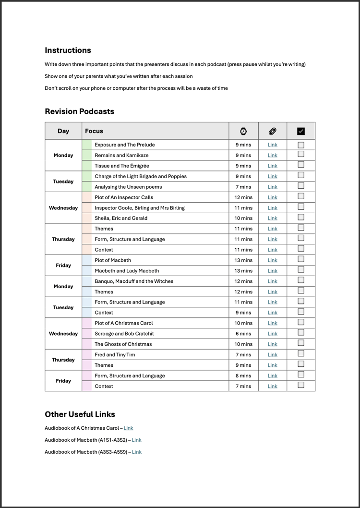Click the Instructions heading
coord(68,50)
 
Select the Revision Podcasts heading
coord(79,111)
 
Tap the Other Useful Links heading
coord(80,414)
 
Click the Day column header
coord(63,131)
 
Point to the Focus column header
coord(94,131)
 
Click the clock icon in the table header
coord(243,131)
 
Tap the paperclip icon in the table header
coord(272,131)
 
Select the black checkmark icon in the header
coord(301,131)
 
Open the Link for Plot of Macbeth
coord(272,260)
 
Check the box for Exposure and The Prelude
coord(301,145)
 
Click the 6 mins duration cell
coord(243,334)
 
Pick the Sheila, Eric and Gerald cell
coord(121,218)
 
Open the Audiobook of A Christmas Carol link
coord(128,428)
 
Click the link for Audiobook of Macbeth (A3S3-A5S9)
coord(137,452)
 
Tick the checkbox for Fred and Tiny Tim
coord(301,354)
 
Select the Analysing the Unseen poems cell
coord(128,187)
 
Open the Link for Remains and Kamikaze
coord(272,156)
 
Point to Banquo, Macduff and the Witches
coord(134,281)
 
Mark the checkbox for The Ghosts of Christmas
coord(301,343)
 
